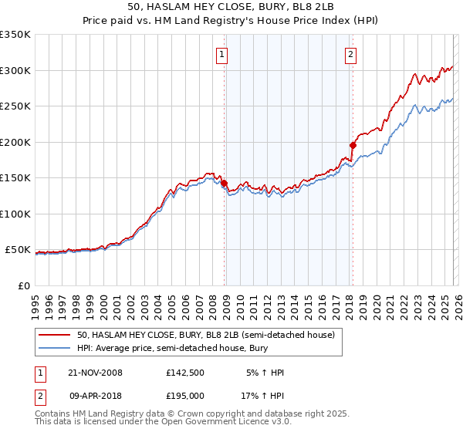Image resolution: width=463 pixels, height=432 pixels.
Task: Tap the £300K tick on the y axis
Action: [15, 70]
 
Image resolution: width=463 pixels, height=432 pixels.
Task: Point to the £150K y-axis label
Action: [15, 177]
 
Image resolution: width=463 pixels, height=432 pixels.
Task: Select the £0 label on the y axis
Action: [24, 285]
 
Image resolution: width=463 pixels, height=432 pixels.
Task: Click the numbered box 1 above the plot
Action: [222, 54]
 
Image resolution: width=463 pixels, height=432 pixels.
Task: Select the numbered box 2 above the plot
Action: [350, 54]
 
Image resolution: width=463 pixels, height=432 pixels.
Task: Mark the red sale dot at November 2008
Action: [224, 183]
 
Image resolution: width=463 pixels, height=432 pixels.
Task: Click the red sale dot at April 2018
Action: [352, 145]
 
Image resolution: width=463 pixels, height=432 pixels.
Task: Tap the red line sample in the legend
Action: [55, 335]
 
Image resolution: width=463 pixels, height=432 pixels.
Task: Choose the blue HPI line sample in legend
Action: [55, 347]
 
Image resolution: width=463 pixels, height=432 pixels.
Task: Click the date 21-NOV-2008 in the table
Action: [95, 373]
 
